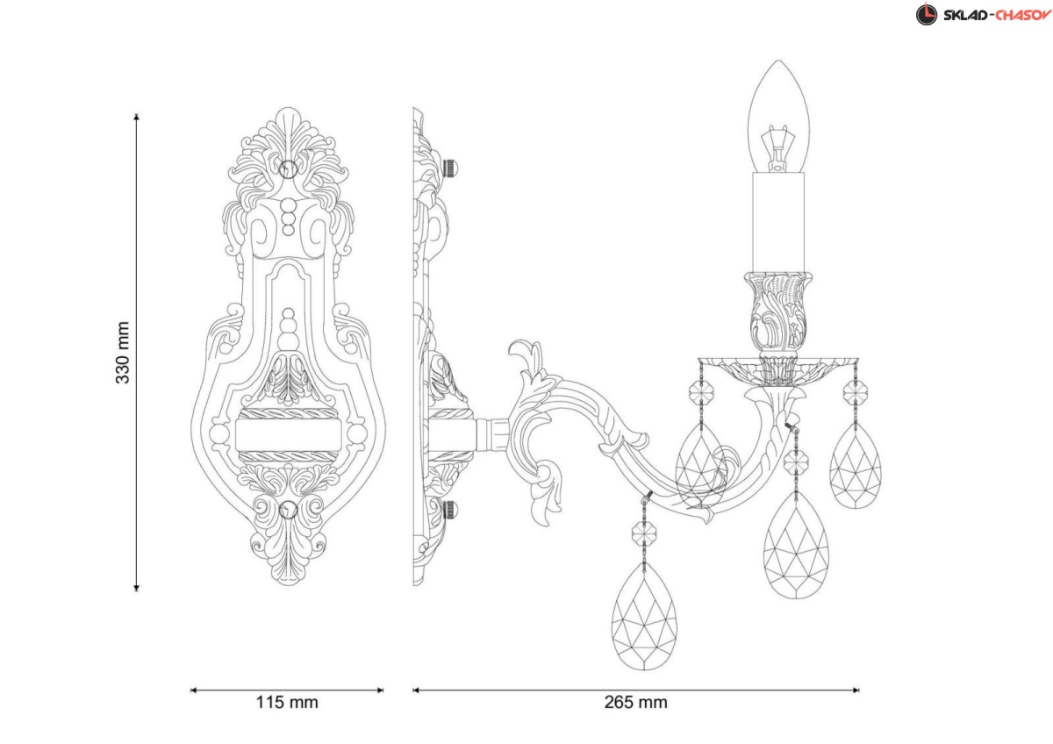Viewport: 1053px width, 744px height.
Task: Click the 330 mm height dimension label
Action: point(123,353)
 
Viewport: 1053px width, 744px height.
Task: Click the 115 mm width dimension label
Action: point(287,702)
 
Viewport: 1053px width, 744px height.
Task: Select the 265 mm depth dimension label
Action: point(635,702)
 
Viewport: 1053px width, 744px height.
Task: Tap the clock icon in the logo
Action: point(926,14)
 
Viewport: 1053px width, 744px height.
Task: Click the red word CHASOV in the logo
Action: point(1023,15)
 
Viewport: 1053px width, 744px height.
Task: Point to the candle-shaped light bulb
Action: point(779,117)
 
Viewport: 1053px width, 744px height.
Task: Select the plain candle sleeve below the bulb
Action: point(778,223)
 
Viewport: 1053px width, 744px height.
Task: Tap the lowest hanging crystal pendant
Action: point(644,615)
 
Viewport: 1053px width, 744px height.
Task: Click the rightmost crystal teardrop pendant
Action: point(855,465)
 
